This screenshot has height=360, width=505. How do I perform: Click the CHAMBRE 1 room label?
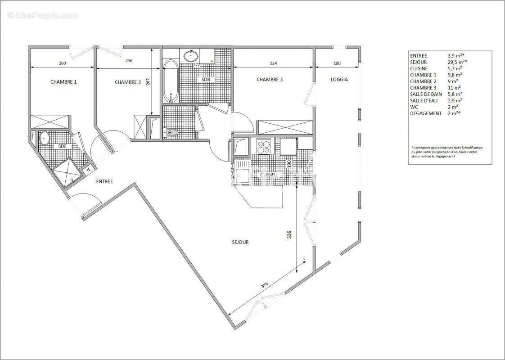point(63,82)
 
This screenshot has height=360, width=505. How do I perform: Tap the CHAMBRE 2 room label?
point(128,82)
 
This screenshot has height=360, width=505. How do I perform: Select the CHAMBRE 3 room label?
point(270,80)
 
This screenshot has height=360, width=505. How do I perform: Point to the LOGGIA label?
point(339,80)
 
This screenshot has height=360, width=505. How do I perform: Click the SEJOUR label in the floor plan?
point(240,242)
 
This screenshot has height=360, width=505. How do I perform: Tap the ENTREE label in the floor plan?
point(104,181)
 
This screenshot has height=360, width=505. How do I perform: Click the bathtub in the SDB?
point(170,81)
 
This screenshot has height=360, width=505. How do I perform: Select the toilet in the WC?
point(171,132)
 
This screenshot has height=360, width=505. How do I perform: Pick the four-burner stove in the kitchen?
point(263,145)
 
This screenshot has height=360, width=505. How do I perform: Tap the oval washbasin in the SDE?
point(45,138)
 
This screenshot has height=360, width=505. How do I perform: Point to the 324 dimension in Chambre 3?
point(273,63)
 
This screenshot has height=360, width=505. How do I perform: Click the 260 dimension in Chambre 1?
point(62,63)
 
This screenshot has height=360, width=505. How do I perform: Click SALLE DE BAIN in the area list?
point(426,94)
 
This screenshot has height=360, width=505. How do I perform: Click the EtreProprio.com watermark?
point(43,16)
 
